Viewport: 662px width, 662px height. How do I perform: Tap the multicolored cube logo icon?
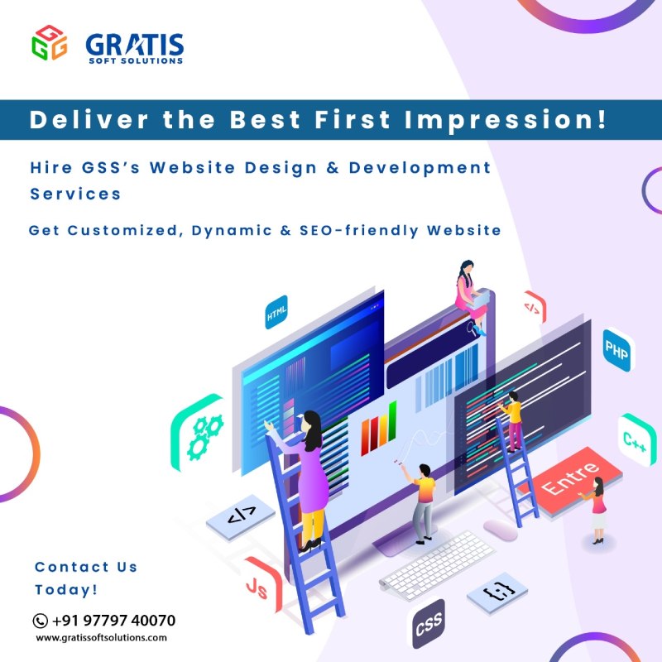pyautogui.click(x=49, y=43)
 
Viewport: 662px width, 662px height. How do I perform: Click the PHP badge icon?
pyautogui.click(x=616, y=353)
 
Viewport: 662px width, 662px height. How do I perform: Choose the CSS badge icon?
pyautogui.click(x=428, y=623)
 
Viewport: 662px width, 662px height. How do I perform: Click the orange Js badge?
pyautogui.click(x=257, y=586)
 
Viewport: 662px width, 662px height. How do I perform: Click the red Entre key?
pyautogui.click(x=571, y=481)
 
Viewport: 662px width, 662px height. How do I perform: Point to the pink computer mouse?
pyautogui.click(x=500, y=530)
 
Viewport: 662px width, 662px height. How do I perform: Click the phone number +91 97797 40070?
pyautogui.click(x=113, y=621)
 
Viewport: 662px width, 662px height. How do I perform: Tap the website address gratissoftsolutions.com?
pyautogui.click(x=101, y=638)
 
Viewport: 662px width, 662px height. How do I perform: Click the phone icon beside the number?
pyautogui.click(x=40, y=621)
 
